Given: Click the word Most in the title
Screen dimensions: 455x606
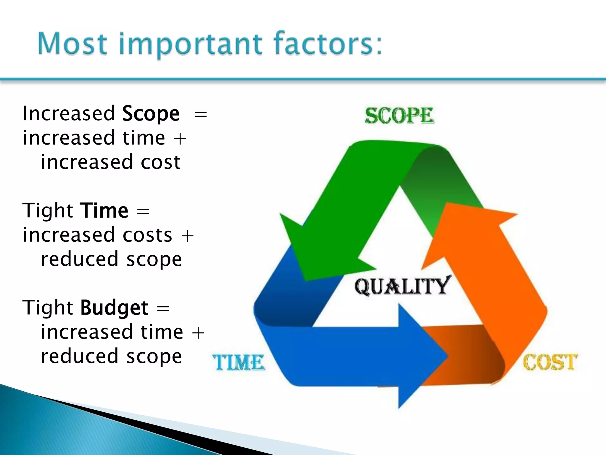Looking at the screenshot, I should tap(72, 44).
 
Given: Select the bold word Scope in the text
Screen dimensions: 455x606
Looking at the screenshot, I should tap(151, 114).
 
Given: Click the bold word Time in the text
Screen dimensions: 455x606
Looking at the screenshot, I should tap(104, 211).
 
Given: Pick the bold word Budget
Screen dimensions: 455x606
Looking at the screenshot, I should tap(114, 308).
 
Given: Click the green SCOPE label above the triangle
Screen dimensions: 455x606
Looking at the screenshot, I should tap(399, 116).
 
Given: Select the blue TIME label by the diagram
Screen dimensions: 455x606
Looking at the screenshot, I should tap(238, 363).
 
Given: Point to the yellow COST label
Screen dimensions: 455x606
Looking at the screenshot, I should tap(550, 362).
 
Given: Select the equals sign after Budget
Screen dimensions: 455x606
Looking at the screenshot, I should tap(163, 308).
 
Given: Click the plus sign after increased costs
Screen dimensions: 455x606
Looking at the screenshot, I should tap(187, 236).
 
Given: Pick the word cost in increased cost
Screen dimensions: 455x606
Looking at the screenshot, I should tap(160, 162).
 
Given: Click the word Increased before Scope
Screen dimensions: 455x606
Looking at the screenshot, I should tap(69, 114).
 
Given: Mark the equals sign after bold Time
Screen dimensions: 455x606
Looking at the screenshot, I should tap(143, 212).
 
